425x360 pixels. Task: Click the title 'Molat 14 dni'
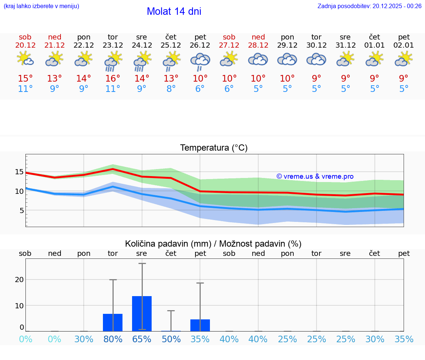[174, 11]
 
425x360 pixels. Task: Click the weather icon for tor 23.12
[113, 61]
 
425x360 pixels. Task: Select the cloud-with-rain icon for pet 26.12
[200, 61]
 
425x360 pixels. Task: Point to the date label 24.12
[142, 45]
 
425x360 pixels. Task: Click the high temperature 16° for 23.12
[113, 79]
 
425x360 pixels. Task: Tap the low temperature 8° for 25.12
[171, 89]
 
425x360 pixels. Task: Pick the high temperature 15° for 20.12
[25, 79]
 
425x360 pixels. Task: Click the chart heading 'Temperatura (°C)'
[214, 148]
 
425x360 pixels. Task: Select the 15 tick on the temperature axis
[19, 172]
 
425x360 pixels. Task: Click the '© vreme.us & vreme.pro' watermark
[315, 176]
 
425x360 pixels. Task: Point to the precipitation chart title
[213, 244]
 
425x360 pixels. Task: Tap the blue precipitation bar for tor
[113, 322]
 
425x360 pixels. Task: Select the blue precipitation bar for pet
[200, 325]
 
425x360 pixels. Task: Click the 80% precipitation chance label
[113, 339]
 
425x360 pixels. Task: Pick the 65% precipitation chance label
[142, 339]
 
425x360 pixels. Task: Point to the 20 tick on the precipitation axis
[19, 280]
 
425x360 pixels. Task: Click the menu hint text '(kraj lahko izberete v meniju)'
[41, 6]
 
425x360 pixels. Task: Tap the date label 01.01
[374, 45]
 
